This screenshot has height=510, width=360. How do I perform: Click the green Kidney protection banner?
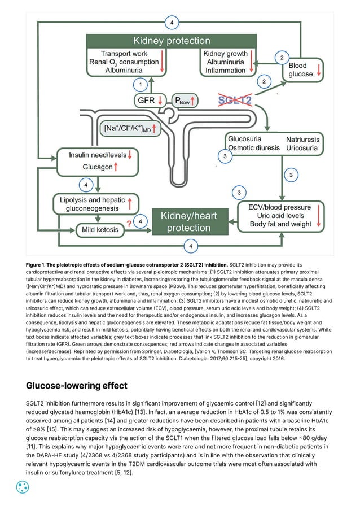(172, 41)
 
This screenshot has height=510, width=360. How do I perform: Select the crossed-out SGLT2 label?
(234, 100)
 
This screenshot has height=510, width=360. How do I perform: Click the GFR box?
(150, 101)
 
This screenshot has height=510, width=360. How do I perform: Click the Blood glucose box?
(304, 69)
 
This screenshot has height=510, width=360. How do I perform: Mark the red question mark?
(129, 223)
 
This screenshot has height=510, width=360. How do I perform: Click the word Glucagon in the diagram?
(97, 167)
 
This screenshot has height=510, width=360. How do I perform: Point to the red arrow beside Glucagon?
(116, 167)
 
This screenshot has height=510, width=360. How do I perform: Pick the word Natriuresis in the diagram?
(302, 139)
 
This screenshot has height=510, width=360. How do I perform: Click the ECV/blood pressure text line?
(280, 207)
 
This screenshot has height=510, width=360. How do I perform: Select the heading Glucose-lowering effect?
(77, 386)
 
